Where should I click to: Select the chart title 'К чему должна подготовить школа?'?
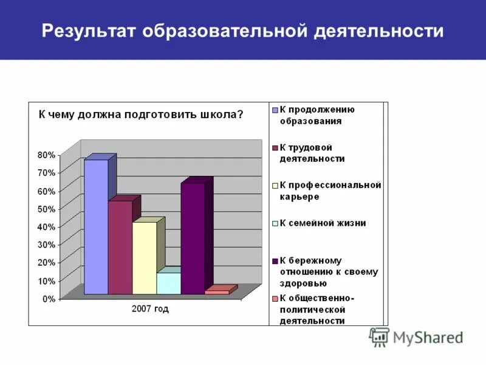point(141,114)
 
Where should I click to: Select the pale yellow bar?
point(145,258)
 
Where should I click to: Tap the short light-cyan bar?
point(168,283)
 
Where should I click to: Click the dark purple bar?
point(193,238)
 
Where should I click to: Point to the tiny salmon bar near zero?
point(217,292)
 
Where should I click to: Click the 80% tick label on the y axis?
point(46,155)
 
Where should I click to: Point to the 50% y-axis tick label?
point(46,209)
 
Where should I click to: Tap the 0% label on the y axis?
point(49,299)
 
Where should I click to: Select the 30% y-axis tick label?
point(46,245)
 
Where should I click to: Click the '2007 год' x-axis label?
point(150,309)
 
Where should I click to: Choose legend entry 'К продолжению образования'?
point(317,115)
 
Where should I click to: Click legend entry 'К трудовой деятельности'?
point(312,153)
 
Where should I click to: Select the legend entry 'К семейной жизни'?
point(322,223)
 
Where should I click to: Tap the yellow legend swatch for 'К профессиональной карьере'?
point(275,186)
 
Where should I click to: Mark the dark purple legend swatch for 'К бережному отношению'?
point(275,261)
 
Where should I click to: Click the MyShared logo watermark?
point(416,336)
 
